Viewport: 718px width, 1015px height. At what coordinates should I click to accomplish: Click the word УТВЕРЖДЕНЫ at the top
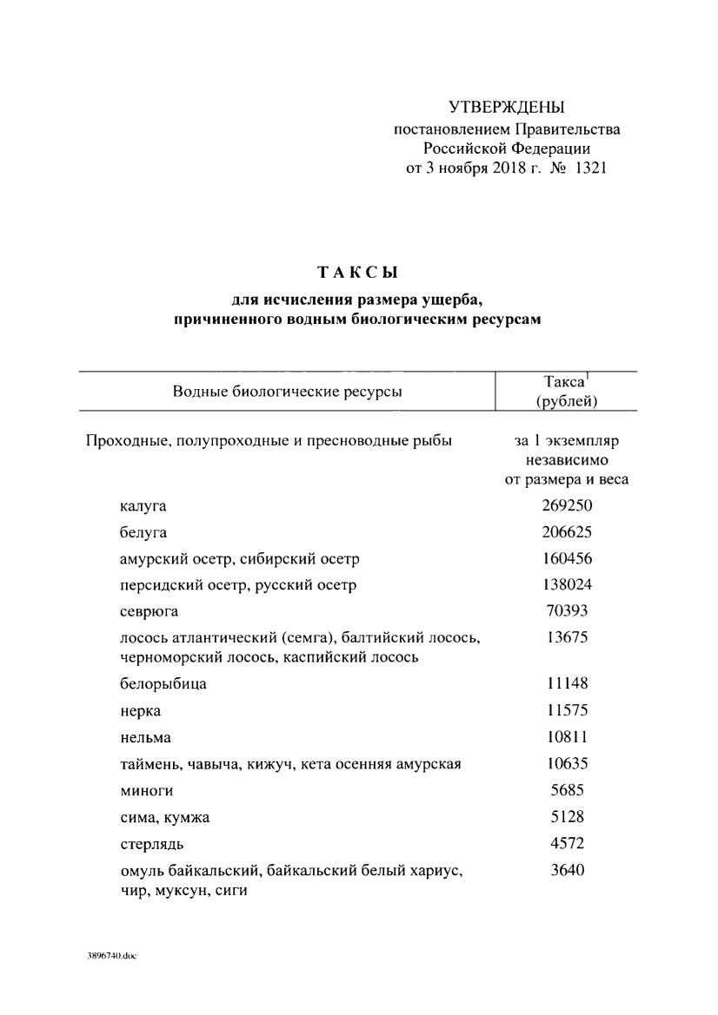click(507, 108)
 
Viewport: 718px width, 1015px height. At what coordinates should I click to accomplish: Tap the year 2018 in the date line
click(496, 168)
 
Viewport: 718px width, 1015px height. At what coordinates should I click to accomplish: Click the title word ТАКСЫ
click(358, 273)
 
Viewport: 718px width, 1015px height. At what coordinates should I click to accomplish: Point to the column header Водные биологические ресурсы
click(287, 391)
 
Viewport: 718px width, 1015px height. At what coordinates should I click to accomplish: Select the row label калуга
click(143, 506)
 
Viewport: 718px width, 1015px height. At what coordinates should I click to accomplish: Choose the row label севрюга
click(149, 612)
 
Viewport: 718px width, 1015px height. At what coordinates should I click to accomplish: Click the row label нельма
click(145, 738)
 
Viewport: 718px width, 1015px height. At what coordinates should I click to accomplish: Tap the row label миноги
click(146, 791)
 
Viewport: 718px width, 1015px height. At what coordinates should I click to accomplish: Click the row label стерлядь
click(152, 844)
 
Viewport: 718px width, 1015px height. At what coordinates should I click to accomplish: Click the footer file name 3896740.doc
click(112, 956)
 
